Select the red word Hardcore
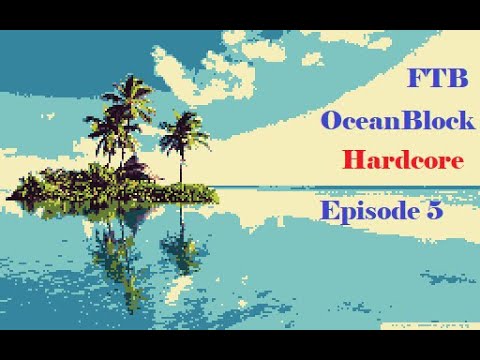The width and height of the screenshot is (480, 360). [x=401, y=159]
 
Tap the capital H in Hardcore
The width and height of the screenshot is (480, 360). [x=351, y=159]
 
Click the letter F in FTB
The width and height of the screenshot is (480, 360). [x=417, y=79]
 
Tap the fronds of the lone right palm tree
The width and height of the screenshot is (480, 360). [x=184, y=129]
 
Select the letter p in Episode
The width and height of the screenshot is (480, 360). [x=345, y=215]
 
